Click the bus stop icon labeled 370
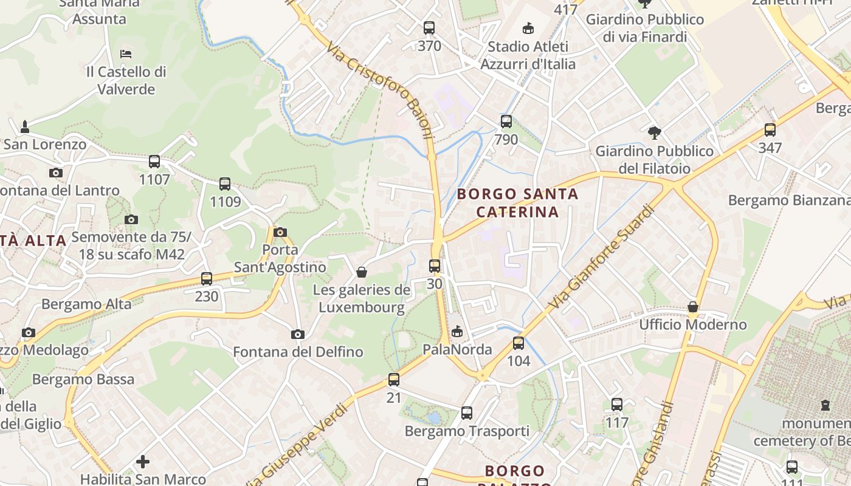[429, 28]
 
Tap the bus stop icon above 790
[506, 122]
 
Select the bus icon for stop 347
[770, 129]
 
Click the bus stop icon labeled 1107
[154, 162]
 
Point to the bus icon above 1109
[225, 184]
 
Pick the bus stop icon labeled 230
[207, 279]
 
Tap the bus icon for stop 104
[519, 343]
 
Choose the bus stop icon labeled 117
[617, 404]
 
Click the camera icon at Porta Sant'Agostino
[280, 232]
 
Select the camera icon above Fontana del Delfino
[297, 334]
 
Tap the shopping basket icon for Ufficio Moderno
[693, 307]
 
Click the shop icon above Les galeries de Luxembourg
[362, 272]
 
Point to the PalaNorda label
[457, 349]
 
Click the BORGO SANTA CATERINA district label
[517, 203]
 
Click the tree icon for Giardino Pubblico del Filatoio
[655, 132]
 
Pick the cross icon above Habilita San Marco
[143, 462]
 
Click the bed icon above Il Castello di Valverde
[126, 54]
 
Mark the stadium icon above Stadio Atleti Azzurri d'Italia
[528, 28]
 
